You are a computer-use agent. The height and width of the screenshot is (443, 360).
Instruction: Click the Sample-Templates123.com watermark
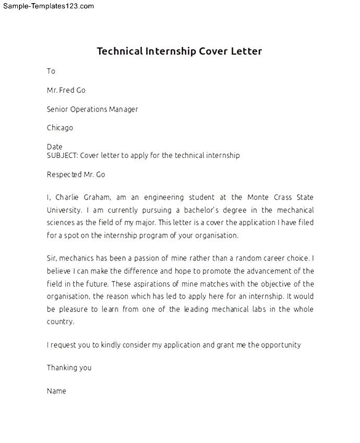click(47, 6)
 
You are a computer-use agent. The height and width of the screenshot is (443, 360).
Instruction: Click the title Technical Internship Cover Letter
click(179, 51)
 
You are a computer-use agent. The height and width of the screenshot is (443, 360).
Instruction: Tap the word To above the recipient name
click(51, 71)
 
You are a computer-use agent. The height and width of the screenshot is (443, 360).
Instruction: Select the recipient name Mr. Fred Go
click(66, 90)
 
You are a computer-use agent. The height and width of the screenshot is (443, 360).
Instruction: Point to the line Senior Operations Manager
click(92, 109)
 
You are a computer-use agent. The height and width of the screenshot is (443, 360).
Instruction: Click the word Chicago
click(60, 128)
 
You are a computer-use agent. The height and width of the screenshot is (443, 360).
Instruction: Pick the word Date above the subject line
click(54, 147)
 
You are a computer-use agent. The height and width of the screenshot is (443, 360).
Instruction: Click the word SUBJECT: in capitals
click(62, 155)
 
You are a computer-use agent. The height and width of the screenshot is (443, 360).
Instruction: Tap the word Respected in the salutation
click(64, 175)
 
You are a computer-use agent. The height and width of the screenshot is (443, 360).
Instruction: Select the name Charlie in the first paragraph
click(69, 198)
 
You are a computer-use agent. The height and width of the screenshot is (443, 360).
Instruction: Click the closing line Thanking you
click(69, 367)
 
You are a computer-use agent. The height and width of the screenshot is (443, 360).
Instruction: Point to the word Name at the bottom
click(56, 390)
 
